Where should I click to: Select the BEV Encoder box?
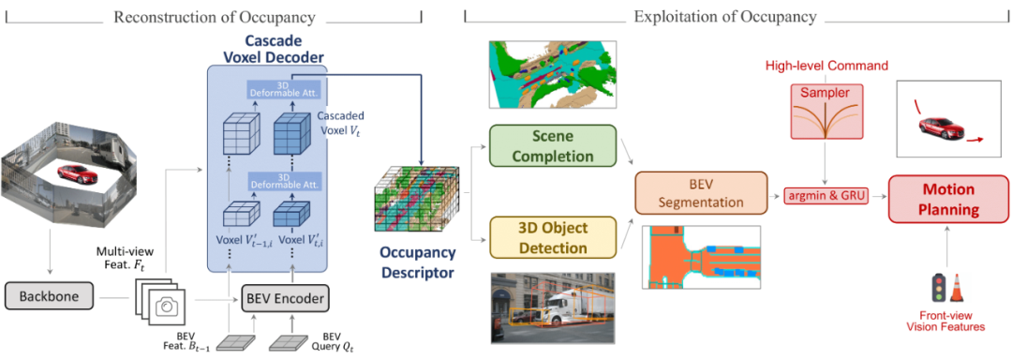pyautogui.click(x=285, y=299)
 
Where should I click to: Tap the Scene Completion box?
pyautogui.click(x=551, y=146)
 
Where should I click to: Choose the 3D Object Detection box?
pyautogui.click(x=551, y=238)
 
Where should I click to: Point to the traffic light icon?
pyautogui.click(x=935, y=286)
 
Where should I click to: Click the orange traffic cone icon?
pyautogui.click(x=958, y=289)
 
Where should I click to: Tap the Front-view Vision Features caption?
pyautogui.click(x=947, y=321)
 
